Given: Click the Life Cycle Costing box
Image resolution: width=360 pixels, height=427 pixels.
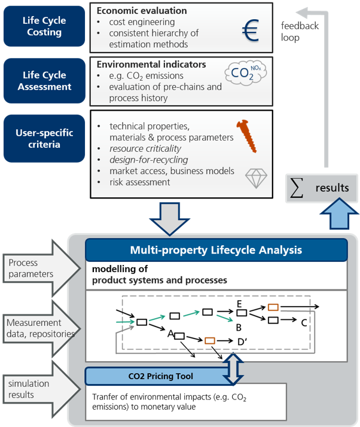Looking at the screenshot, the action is [44, 26].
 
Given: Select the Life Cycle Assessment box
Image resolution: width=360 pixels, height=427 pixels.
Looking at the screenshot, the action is [44, 81].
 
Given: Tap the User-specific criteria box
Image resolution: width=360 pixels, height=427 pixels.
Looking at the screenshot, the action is [44, 138].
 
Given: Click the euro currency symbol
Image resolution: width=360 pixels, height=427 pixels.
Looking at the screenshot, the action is [250, 30].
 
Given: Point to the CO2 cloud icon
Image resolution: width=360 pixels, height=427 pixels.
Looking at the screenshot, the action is [246, 73].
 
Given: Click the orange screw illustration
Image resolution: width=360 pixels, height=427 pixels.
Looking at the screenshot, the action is [246, 136].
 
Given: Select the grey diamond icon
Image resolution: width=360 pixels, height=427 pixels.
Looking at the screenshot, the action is [256, 178].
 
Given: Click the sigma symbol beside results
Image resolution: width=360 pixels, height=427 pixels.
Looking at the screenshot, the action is [297, 188].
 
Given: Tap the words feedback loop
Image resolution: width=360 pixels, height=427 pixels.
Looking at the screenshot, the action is [300, 32].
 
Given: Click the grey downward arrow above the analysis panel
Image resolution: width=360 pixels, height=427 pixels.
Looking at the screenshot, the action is [170, 218].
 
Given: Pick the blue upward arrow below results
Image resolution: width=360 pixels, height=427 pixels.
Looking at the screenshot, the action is [339, 213].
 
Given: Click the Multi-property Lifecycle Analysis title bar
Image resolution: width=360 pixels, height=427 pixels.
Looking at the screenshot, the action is [216, 250].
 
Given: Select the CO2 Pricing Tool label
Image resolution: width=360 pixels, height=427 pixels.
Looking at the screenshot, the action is [160, 376].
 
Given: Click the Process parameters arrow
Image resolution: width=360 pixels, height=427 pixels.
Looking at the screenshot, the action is [41, 269].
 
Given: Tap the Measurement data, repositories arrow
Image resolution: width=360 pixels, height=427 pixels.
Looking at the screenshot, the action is [41, 328].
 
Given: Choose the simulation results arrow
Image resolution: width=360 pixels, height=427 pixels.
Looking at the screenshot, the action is [41, 389].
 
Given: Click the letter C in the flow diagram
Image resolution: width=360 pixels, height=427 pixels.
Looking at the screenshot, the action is [304, 323].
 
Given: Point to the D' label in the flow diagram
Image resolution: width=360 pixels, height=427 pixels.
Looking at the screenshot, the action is [242, 341].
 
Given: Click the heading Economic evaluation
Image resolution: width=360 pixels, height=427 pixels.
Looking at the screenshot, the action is [142, 11].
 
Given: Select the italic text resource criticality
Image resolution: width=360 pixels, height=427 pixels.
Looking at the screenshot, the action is [145, 149].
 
